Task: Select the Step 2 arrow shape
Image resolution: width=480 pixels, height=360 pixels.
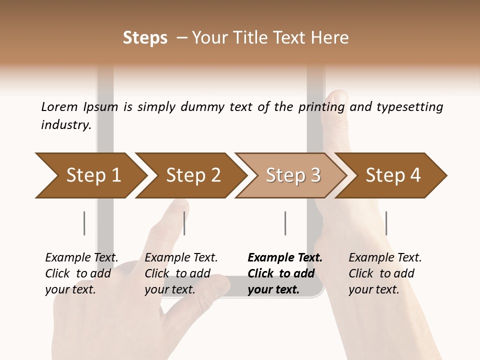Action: tap(193, 175)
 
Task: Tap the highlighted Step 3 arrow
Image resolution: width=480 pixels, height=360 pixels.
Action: tap(293, 175)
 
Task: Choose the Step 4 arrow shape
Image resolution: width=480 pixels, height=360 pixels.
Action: tap(393, 175)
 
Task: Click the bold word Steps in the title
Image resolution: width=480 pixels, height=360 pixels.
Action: tap(145, 37)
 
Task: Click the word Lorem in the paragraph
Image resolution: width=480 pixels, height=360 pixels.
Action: tap(59, 106)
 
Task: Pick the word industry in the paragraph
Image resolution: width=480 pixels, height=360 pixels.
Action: tap(66, 124)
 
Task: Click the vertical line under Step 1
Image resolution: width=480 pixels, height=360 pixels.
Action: tap(84, 223)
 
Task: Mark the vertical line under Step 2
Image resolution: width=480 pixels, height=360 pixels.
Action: tap(184, 223)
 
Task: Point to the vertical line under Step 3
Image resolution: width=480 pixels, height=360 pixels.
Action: tap(285, 223)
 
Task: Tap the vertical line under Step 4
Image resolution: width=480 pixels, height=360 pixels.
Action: tap(386, 223)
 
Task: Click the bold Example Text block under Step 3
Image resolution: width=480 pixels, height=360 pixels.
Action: tap(285, 273)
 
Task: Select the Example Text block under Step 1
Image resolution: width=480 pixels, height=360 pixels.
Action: tap(81, 273)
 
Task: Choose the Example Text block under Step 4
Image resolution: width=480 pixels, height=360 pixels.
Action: tap(385, 273)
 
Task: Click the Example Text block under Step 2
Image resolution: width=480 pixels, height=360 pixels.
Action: tap(181, 273)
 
